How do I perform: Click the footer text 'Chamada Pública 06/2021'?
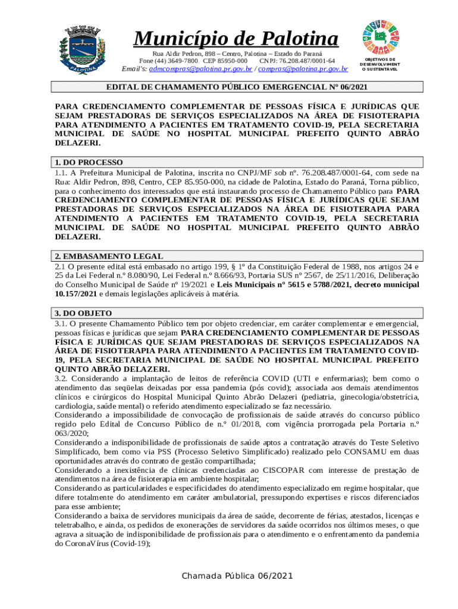pyautogui.click(x=238, y=575)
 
